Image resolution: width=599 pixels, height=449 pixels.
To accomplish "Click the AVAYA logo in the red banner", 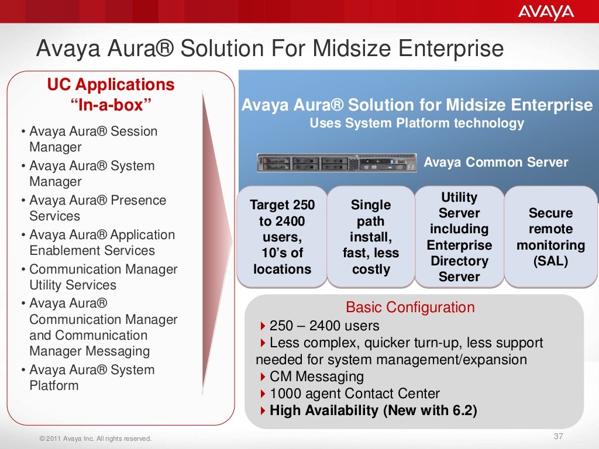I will (x=546, y=12).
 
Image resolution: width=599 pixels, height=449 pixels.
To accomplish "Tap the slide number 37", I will (x=557, y=436).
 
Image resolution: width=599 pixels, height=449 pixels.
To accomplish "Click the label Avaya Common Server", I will (x=495, y=163).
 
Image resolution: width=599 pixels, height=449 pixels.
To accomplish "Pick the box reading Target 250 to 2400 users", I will (x=282, y=237).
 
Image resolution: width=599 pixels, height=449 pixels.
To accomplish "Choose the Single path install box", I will (x=371, y=237).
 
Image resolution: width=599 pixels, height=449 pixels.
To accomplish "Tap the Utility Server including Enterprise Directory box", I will (x=459, y=237).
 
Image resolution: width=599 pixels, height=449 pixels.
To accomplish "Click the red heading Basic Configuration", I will (x=410, y=308).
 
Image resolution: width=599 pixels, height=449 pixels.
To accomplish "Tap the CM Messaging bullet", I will (x=316, y=377).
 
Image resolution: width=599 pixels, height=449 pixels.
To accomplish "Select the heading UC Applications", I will (x=111, y=85).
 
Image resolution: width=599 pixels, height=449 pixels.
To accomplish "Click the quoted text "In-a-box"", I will (x=111, y=106).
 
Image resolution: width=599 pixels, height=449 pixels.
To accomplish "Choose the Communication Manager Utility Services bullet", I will (x=103, y=277).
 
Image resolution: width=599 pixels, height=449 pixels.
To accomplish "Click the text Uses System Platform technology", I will (x=416, y=123).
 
